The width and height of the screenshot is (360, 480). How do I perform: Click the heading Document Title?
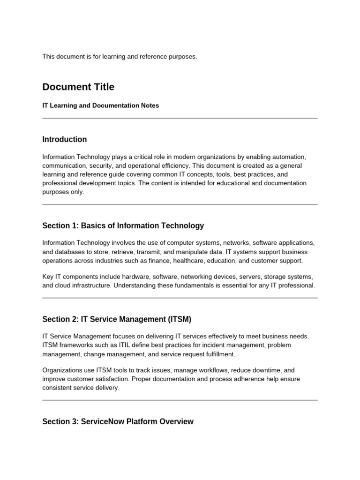coord(78,87)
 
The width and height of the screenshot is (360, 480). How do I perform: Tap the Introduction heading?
coord(65,139)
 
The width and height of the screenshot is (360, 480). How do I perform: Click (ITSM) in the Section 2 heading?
coord(180,319)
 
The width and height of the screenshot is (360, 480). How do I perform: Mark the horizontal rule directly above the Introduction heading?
coord(180,118)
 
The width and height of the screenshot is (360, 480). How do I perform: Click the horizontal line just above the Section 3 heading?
coord(180,400)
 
